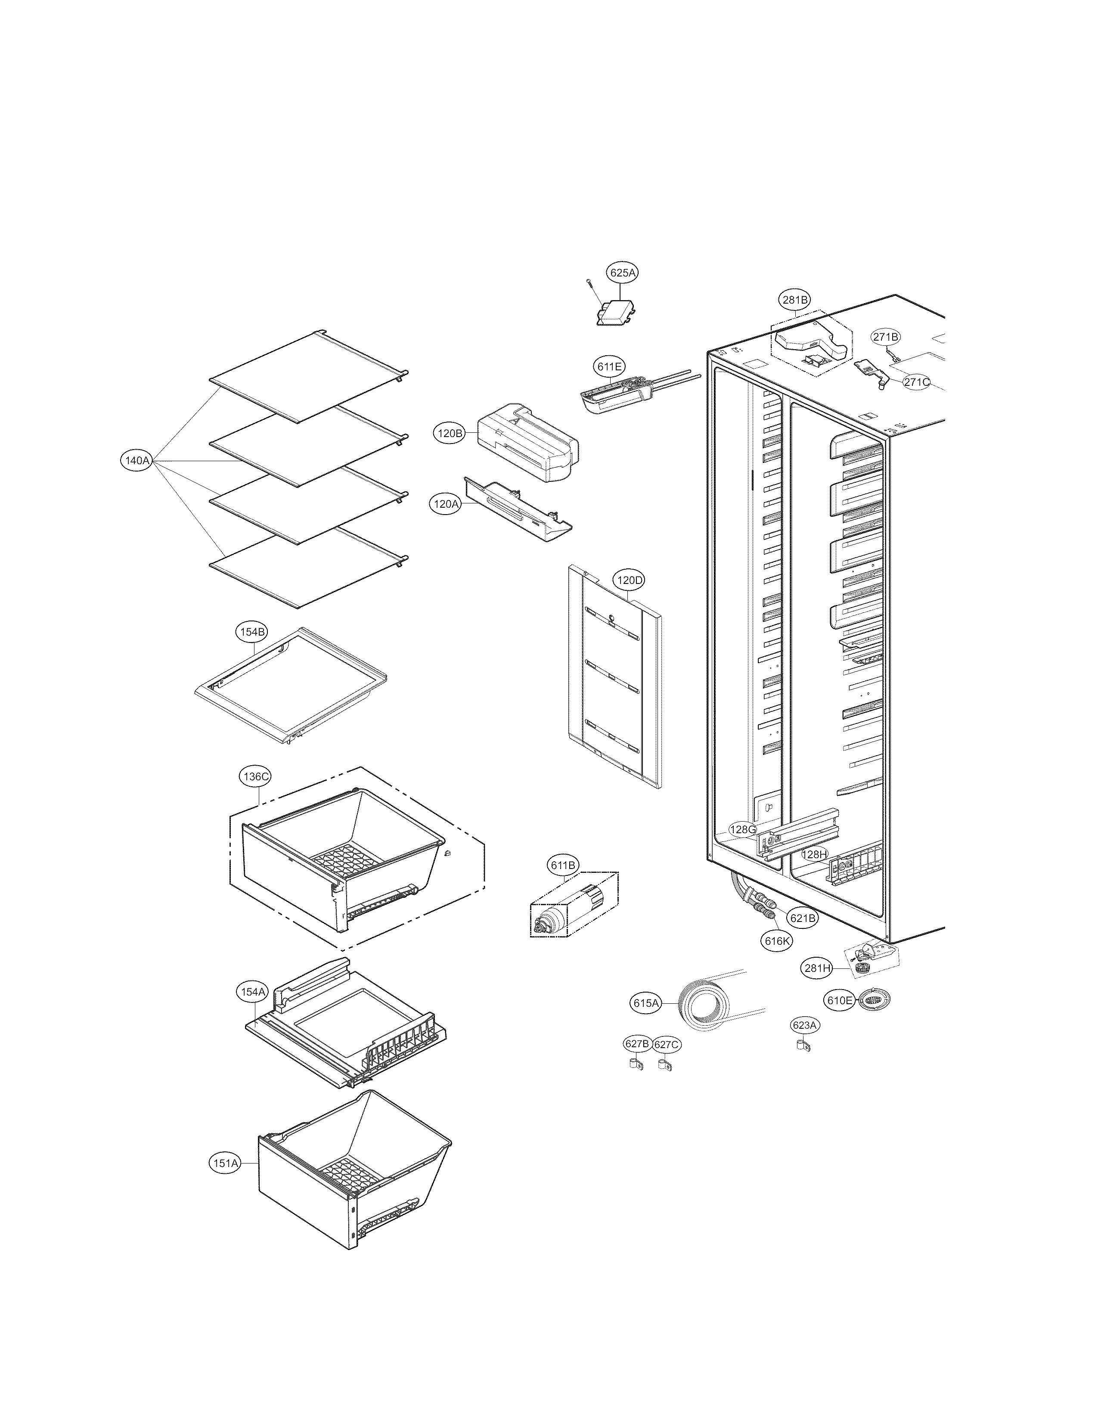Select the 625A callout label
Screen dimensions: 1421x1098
tap(622, 273)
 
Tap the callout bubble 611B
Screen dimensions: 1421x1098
tap(563, 866)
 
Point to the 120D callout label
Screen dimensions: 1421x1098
tap(629, 580)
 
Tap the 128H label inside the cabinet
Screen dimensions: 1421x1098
tap(813, 855)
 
